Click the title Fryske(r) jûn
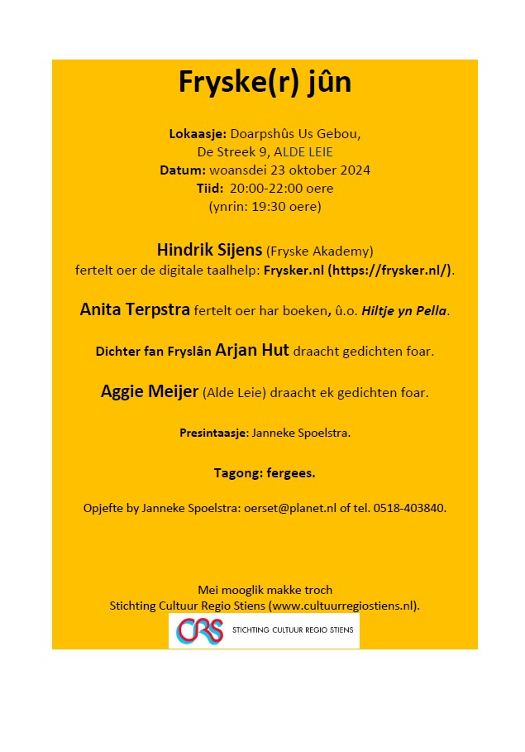[265, 83]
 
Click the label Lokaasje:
[198, 134]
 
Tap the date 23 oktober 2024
[320, 170]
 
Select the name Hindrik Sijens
[209, 250]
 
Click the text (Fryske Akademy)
[320, 251]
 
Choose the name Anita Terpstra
[135, 310]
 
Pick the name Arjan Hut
[251, 351]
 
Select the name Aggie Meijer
[150, 392]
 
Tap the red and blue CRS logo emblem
[199, 631]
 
